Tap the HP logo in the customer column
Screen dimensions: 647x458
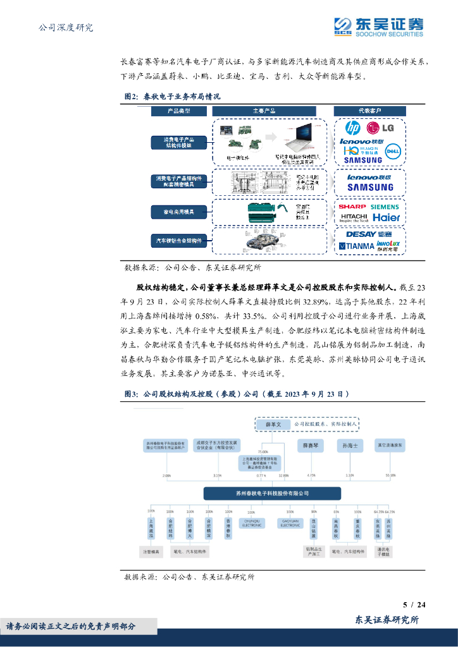click(352, 128)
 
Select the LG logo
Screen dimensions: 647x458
click(383, 128)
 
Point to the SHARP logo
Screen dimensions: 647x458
click(352, 207)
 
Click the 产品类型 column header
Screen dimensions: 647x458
click(178, 111)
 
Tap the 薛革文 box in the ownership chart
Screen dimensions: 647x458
click(272, 425)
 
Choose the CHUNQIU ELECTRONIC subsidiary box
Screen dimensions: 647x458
click(252, 523)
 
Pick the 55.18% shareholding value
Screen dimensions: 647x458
click(391, 475)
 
